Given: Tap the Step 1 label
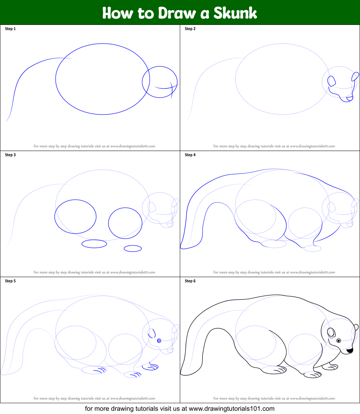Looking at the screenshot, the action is [x=10, y=28].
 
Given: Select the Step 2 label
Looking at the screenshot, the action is [x=190, y=28].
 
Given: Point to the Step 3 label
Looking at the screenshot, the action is [x=10, y=155].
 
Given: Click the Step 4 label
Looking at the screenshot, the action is [x=190, y=155].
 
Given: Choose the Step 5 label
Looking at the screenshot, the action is [x=10, y=281].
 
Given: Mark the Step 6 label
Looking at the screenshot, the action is [x=190, y=281].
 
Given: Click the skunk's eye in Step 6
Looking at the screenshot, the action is [x=339, y=341].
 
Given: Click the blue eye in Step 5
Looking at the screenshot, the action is [x=159, y=341].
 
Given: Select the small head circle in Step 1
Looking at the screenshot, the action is [x=177, y=82].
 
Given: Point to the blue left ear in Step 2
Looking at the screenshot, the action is [x=332, y=81].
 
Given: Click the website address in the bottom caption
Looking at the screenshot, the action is [x=232, y=409].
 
